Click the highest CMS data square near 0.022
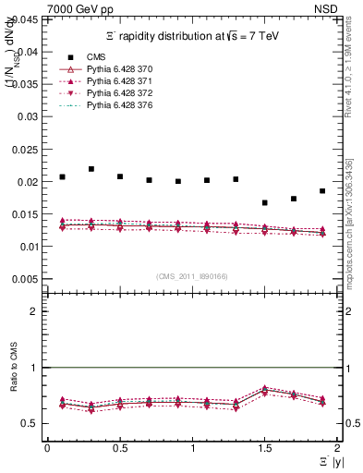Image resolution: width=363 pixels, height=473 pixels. click(x=91, y=169)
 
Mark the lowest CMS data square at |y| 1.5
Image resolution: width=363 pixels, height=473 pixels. click(x=265, y=203)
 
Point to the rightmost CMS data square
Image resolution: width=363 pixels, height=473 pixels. click(x=322, y=191)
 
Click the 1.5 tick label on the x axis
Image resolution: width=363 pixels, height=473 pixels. click(x=265, y=447)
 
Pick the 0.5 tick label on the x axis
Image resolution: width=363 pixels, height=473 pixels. click(x=120, y=447)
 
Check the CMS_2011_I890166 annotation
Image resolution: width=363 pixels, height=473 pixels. click(x=186, y=276)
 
